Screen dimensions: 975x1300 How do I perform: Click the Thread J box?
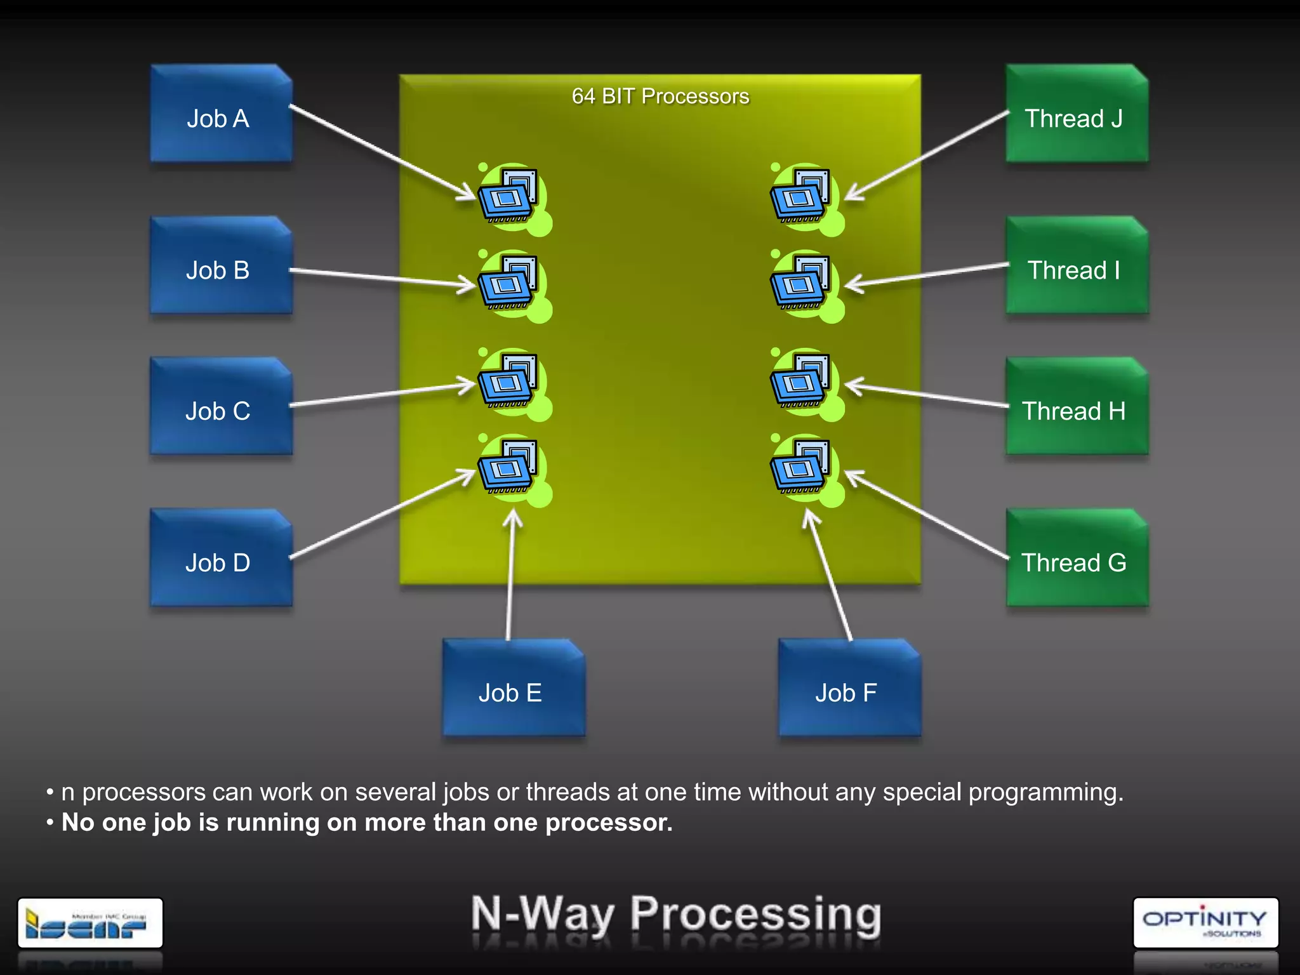[1076, 114]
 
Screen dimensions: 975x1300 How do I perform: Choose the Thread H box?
[1076, 408]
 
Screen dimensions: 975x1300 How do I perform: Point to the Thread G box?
[1076, 559]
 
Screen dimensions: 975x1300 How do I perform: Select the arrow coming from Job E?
[510, 578]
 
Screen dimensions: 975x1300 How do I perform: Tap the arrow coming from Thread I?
[927, 274]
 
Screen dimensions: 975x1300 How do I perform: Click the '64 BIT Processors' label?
[660, 96]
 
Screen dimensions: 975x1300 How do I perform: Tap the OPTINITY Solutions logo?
[1205, 922]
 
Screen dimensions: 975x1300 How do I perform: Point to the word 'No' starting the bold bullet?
[77, 823]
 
